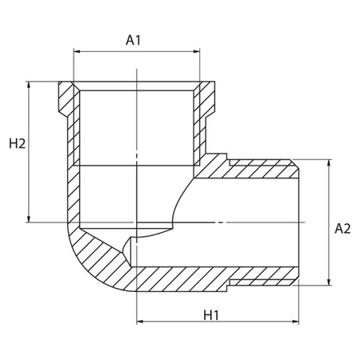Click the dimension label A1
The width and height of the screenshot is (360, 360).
click(x=136, y=38)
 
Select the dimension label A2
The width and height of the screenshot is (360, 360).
click(x=342, y=229)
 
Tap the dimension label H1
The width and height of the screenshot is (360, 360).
click(x=211, y=314)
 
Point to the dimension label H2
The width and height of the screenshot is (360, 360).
click(x=18, y=144)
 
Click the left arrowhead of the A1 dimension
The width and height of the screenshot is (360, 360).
click(x=78, y=51)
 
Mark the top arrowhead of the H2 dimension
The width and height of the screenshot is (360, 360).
click(x=30, y=85)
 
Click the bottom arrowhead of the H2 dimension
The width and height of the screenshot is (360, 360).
click(x=30, y=217)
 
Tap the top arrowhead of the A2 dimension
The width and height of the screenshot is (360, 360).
click(x=329, y=162)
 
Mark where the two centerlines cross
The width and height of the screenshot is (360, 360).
click(x=137, y=222)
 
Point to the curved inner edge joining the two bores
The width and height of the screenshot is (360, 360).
click(x=180, y=208)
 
